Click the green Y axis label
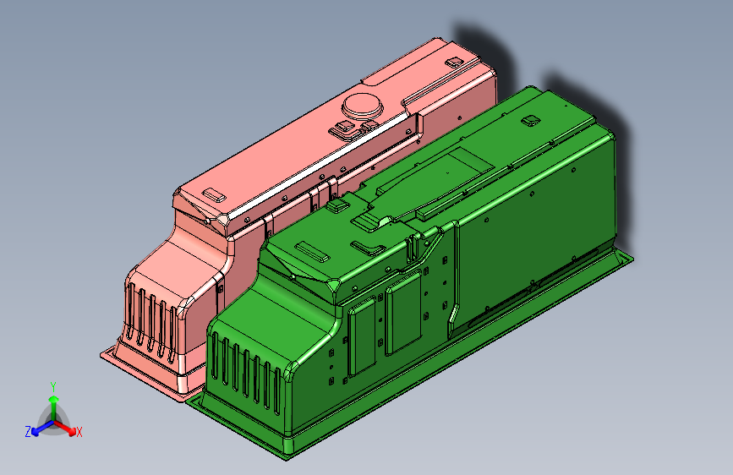tap(53, 386)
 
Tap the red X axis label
tap(79, 432)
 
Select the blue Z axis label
tap(28, 432)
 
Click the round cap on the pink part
tap(363, 105)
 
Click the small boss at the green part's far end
tap(531, 120)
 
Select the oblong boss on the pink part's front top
tap(214, 195)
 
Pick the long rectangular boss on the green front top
tap(312, 252)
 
